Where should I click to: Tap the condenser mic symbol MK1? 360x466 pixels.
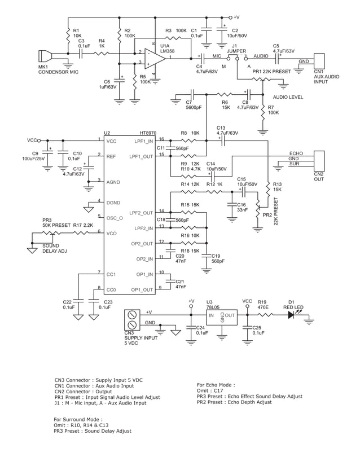(45, 57)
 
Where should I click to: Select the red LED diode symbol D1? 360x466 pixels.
(292, 315)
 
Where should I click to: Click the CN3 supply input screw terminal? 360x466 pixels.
(132, 319)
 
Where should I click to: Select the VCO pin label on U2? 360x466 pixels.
(111, 232)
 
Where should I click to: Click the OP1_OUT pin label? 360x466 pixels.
(142, 290)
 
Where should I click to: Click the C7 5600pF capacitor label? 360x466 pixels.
(194, 104)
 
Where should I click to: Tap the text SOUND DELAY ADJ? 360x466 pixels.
(55, 248)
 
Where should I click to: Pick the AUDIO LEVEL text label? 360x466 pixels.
(288, 97)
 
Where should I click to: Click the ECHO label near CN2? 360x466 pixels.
(296, 153)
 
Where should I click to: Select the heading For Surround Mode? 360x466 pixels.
(78, 420)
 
